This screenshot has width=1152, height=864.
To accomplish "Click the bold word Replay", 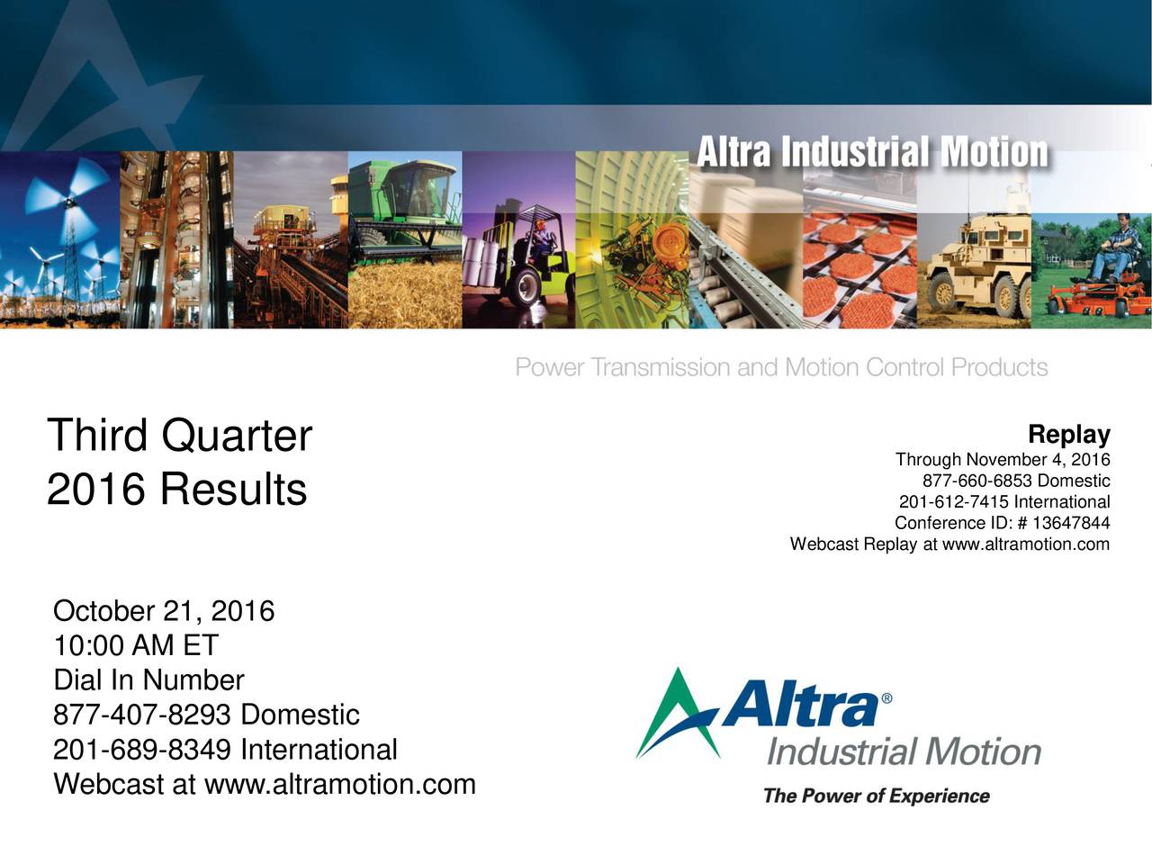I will click(x=1068, y=435).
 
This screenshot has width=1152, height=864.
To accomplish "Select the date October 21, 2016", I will click(x=164, y=612).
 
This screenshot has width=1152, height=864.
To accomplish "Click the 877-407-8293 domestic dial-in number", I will click(x=145, y=715).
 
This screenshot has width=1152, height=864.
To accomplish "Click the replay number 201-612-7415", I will click(x=954, y=502).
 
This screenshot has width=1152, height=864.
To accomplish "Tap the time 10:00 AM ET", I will click(x=136, y=646).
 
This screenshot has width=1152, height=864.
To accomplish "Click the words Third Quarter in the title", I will click(x=179, y=436).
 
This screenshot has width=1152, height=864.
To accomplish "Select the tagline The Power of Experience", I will click(x=876, y=796).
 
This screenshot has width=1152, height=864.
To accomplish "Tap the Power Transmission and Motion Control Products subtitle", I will click(x=781, y=368).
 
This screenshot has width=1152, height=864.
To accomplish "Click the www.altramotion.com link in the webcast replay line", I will click(x=1025, y=544).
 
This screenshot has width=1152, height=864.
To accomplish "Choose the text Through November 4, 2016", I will click(x=1003, y=461).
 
